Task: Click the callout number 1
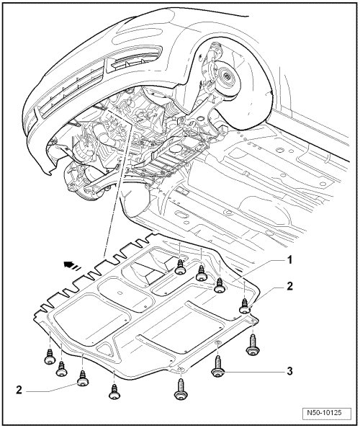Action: [289, 260]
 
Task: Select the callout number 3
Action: [289, 371]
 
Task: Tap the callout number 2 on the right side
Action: [289, 286]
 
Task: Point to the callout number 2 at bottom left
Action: [19, 390]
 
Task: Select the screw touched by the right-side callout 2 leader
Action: [245, 306]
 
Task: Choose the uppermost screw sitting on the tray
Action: [180, 267]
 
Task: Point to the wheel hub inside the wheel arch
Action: [227, 76]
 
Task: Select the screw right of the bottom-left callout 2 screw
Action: [114, 393]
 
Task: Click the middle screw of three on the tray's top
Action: [202, 273]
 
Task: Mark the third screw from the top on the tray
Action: [220, 285]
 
